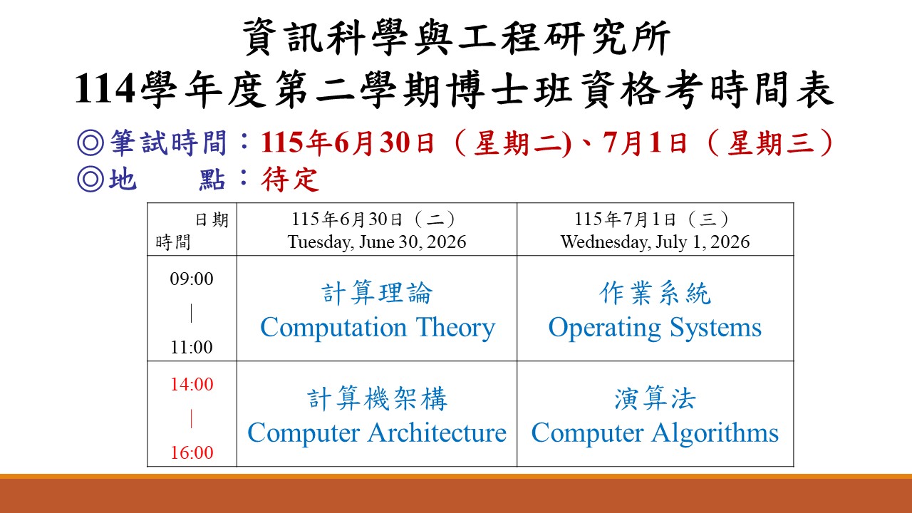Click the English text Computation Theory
click(x=378, y=328)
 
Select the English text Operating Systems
click(x=655, y=328)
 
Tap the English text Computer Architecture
click(x=377, y=432)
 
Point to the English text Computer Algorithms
click(x=655, y=433)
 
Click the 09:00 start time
click(x=192, y=279)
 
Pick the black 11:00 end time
click(x=192, y=347)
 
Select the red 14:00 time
click(x=192, y=384)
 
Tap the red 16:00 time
click(x=192, y=452)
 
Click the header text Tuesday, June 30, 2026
click(x=377, y=242)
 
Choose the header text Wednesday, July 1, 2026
click(x=655, y=242)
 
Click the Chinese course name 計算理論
click(x=377, y=293)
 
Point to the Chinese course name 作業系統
click(x=655, y=293)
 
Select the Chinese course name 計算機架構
click(x=377, y=398)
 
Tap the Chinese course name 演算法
click(x=655, y=398)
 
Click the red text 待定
click(x=290, y=179)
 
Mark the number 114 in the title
click(x=105, y=89)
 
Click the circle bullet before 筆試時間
click(x=90, y=143)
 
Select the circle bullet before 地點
click(x=90, y=179)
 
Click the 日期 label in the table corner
click(x=212, y=220)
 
